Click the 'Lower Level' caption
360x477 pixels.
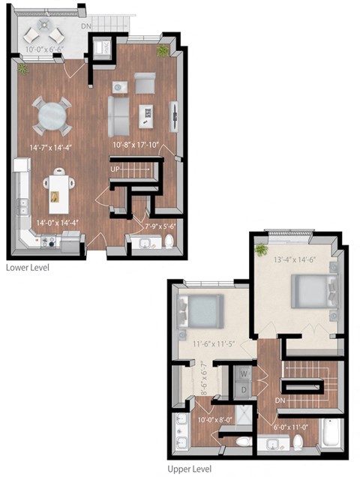28,267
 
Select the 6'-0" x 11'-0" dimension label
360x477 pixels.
292,427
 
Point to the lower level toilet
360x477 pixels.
169,241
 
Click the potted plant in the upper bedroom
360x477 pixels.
261,248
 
